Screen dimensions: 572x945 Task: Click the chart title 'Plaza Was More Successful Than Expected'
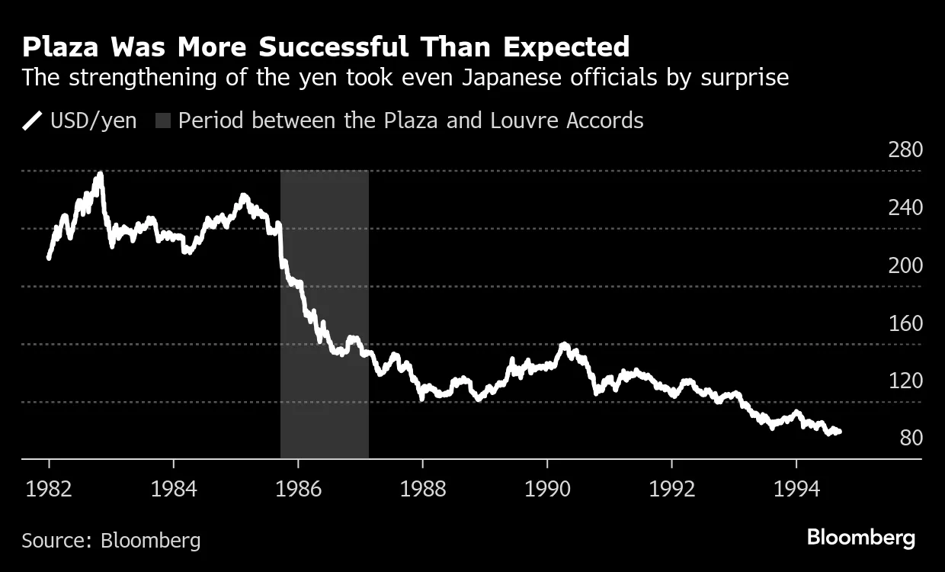pos(325,47)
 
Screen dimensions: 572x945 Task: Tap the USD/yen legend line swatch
pos(32,121)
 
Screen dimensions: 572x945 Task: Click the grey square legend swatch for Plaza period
pos(163,121)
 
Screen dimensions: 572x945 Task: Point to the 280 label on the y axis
pos(905,149)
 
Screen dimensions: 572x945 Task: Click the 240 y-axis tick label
pos(905,207)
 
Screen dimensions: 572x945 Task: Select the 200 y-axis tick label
pos(905,265)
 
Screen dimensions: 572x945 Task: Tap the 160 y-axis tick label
pos(905,323)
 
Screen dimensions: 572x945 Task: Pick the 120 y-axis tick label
pos(905,381)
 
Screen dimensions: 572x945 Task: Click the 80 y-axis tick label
pos(911,439)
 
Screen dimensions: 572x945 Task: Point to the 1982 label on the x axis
pos(49,488)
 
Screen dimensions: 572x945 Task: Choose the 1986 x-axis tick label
pos(298,488)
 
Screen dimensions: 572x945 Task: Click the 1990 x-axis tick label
pos(547,488)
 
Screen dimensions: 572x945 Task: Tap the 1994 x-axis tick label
pos(796,488)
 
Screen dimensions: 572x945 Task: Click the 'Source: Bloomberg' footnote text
pos(111,541)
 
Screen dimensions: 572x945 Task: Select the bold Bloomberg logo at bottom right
pos(860,538)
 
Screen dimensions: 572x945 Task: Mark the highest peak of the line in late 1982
pos(100,175)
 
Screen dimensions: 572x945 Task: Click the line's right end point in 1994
pos(839,432)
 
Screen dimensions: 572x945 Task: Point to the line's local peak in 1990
pos(563,345)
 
